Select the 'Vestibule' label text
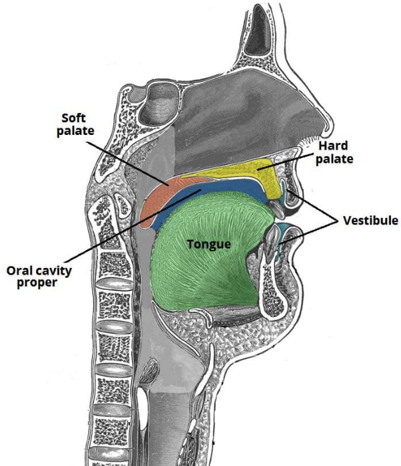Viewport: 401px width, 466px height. (x=370, y=219)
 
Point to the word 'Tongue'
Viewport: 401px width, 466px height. (x=208, y=244)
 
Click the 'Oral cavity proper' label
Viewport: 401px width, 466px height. (x=39, y=277)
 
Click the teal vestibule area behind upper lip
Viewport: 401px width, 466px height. (x=286, y=185)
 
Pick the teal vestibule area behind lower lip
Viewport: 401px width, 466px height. (x=285, y=232)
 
